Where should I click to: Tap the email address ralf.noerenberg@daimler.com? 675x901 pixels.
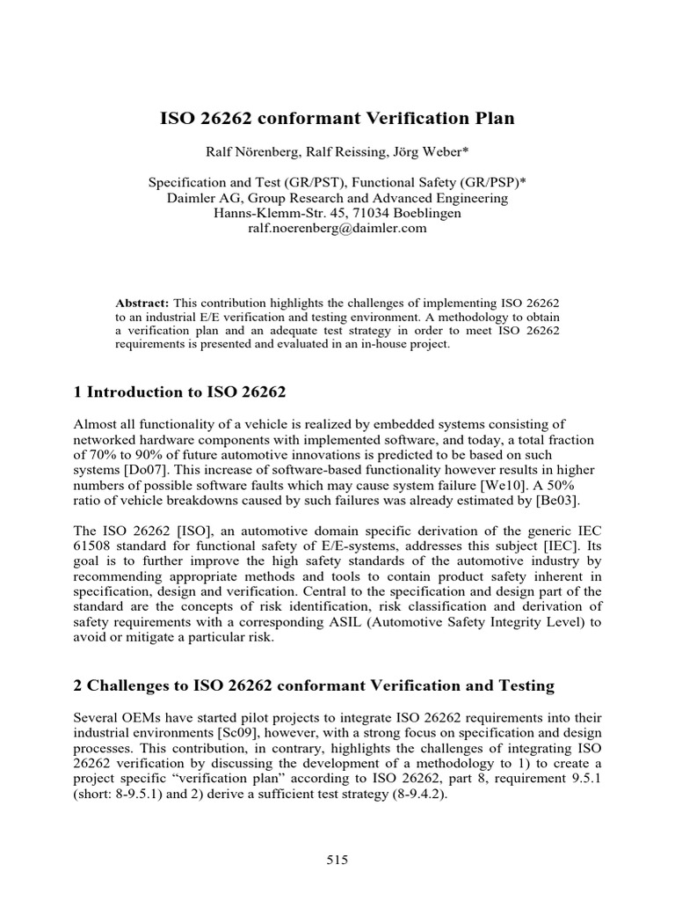(337, 227)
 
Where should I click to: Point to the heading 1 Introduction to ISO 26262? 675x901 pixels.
(180, 391)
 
